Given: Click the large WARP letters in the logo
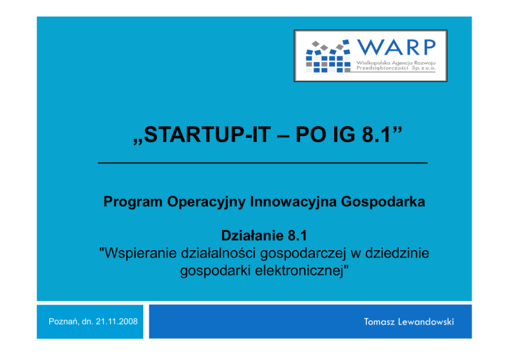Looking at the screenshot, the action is point(396,47).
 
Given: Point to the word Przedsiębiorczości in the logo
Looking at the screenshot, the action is point(382,68).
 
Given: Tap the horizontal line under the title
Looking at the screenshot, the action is point(263,163).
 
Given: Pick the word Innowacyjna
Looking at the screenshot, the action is point(293,202).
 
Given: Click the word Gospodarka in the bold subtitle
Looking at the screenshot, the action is point(383,202).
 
